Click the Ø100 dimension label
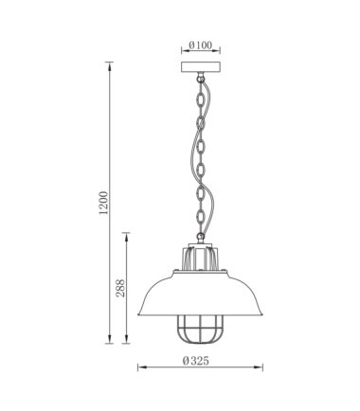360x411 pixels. pyautogui.click(x=201, y=45)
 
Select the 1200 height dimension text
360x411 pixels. pyautogui.click(x=103, y=203)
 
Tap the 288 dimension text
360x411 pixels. pyautogui.click(x=120, y=288)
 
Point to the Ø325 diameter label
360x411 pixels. pyautogui.click(x=196, y=361)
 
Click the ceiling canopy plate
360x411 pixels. pyautogui.click(x=201, y=67)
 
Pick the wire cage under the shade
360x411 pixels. pyautogui.click(x=200, y=329)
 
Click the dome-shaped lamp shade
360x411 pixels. pyautogui.click(x=200, y=293)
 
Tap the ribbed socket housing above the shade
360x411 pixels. pyautogui.click(x=200, y=257)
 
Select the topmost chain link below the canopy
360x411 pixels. pyautogui.click(x=200, y=78)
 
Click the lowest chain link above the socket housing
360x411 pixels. pyautogui.click(x=200, y=236)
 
